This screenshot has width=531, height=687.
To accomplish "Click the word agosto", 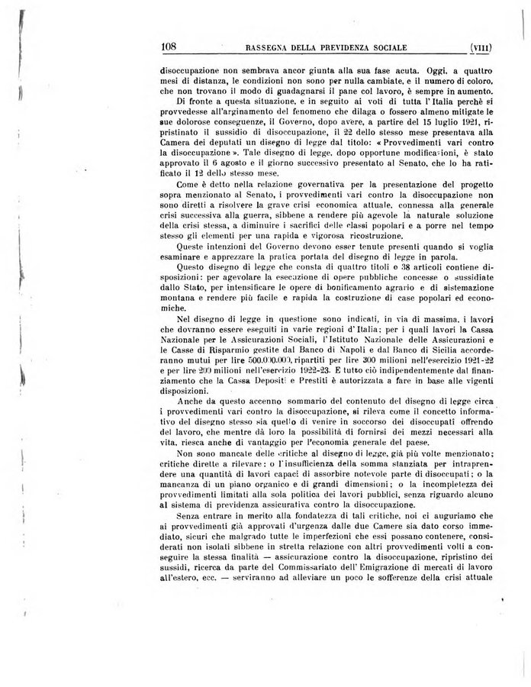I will (x=245, y=173).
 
